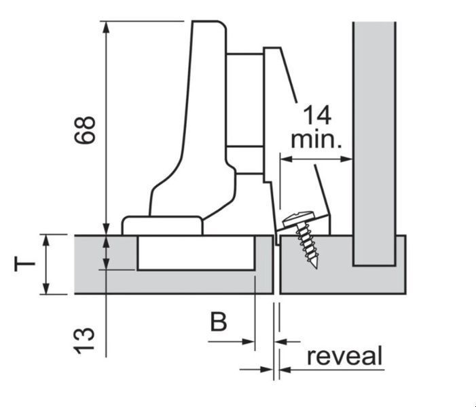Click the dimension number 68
tap(85, 130)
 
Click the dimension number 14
tap(317, 115)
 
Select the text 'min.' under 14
tap(316, 140)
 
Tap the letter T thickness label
tap(24, 264)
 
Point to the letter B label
tap(219, 322)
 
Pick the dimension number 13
tap(84, 341)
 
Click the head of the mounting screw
tap(298, 218)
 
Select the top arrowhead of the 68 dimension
tap(106, 27)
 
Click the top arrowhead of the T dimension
tap(46, 241)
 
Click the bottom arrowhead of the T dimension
tap(46, 288)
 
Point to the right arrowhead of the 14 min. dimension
tap(346, 159)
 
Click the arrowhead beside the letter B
tap(248, 342)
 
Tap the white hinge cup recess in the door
tap(196, 252)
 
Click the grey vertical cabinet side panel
tap(374, 143)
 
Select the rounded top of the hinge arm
tap(209, 24)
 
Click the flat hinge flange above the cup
tap(162, 226)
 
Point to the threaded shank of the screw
tap(307, 243)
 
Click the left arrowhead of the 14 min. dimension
tap(286, 159)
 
